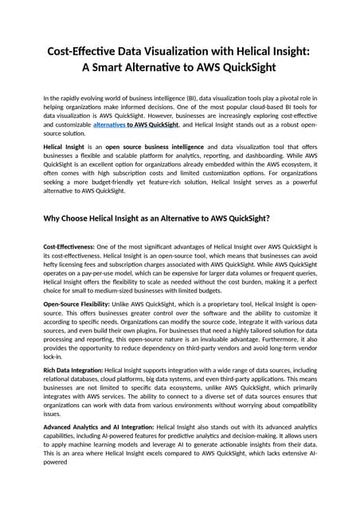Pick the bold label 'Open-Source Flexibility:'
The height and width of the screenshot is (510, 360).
click(76, 304)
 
